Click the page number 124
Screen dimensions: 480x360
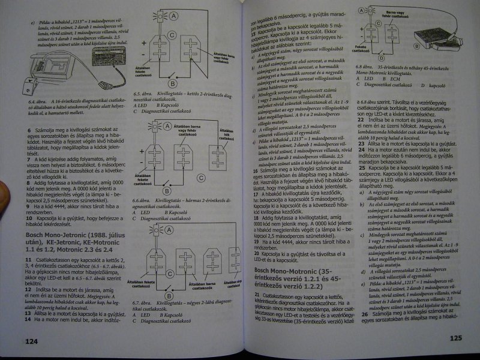(x=31, y=341)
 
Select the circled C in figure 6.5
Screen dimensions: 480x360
(x=172, y=36)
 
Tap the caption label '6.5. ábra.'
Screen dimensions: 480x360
(x=143, y=94)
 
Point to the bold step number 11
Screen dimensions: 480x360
(x=28, y=258)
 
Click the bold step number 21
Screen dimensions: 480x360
(x=258, y=295)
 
